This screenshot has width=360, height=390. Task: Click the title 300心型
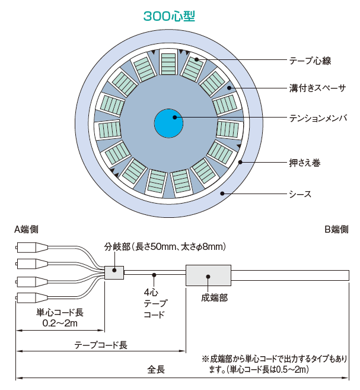pos(169,15)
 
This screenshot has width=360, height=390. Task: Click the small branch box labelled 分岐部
pos(114,273)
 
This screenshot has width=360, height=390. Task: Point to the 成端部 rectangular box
pos(208,276)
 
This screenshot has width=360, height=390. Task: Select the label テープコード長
pos(101,344)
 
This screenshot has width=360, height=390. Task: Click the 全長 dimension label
pos(156,369)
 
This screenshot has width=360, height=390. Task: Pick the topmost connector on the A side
pos(28,248)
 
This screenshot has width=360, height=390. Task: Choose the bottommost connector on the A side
pos(28,297)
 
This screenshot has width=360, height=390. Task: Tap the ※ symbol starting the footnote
pos(206,360)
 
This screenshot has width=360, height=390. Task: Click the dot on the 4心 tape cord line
pos(155,275)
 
